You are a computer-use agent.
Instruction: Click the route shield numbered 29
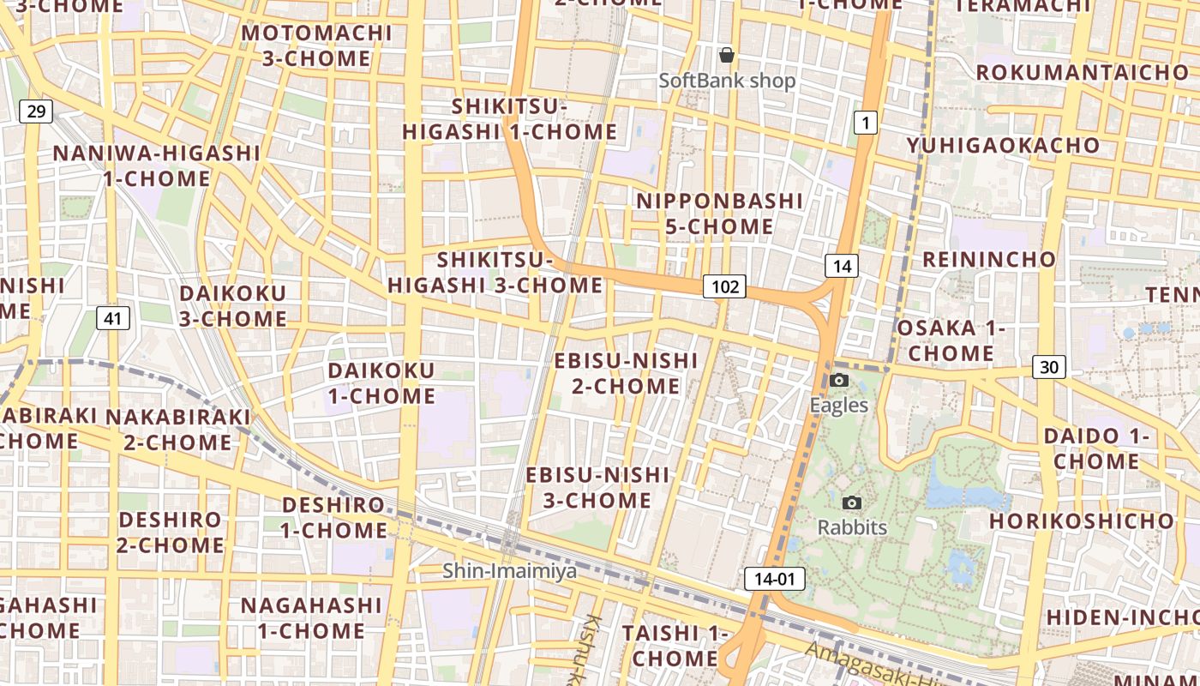[x=35, y=111]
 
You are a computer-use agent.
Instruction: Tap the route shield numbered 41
[x=112, y=318]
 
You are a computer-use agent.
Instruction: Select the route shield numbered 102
[x=724, y=286]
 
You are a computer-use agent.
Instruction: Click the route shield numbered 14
[x=842, y=266]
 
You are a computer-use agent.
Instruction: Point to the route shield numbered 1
[x=866, y=123]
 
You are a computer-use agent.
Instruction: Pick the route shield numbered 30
[x=1048, y=367]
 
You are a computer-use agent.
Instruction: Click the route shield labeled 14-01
[x=775, y=579]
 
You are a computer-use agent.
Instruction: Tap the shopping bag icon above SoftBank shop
[x=727, y=55]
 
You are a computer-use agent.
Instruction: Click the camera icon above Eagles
[x=839, y=380]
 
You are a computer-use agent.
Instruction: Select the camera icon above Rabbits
[x=851, y=502]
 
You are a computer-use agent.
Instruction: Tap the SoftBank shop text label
[x=727, y=81]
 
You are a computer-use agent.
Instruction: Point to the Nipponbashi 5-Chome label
[x=720, y=214]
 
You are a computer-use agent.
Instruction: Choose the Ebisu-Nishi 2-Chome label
[x=626, y=373]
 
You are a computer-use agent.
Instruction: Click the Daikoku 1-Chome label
[x=381, y=383]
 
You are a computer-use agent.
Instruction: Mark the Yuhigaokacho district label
[x=1004, y=145]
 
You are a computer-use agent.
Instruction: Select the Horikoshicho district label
[x=1082, y=521]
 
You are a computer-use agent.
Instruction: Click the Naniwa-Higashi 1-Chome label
[x=157, y=165]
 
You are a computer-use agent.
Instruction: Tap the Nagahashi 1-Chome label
[x=310, y=617]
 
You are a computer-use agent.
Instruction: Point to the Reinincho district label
[x=989, y=259]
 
